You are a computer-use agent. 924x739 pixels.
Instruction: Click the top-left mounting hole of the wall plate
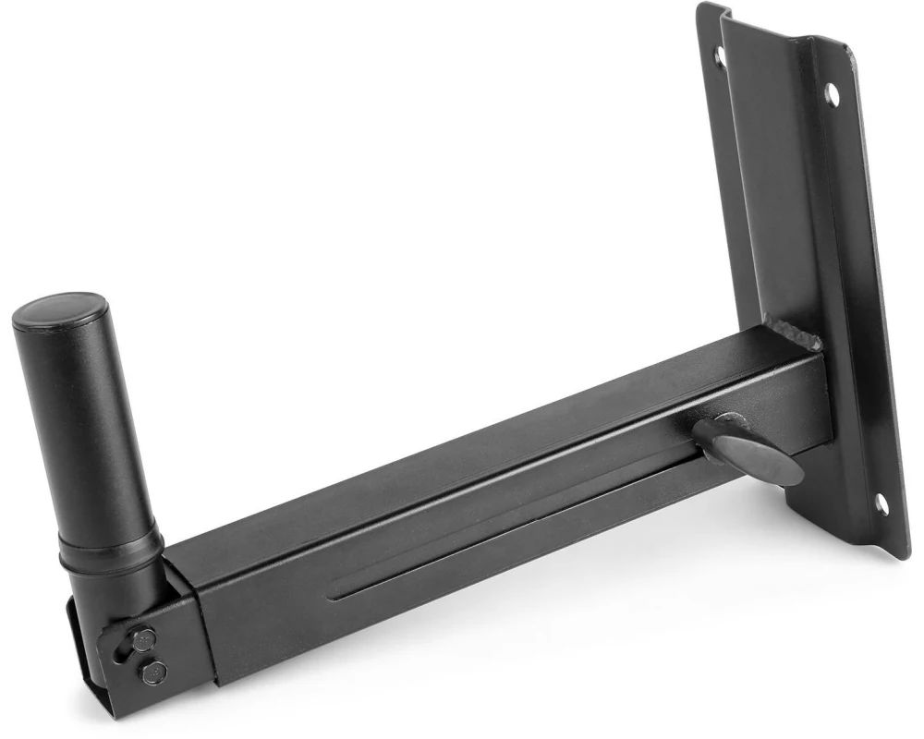720,56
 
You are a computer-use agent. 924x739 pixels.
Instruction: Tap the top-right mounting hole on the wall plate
832,92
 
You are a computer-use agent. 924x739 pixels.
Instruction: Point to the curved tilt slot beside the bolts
118,647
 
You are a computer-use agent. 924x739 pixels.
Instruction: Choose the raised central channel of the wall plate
785,185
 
